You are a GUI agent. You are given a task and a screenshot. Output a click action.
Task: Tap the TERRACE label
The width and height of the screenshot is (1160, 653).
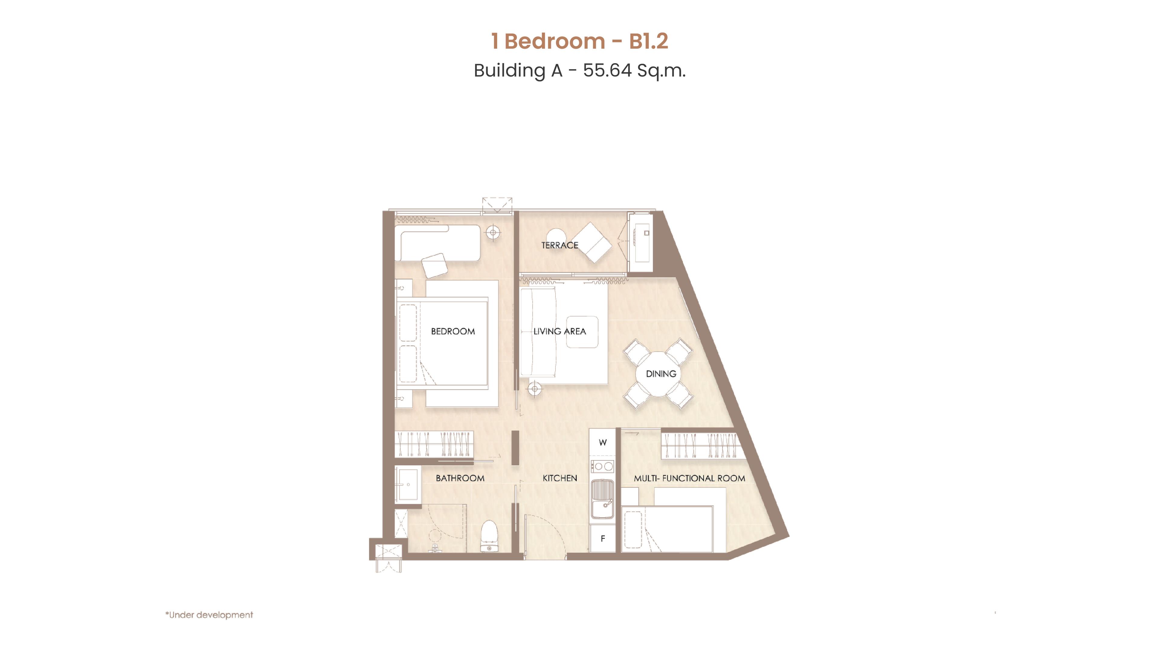point(560,245)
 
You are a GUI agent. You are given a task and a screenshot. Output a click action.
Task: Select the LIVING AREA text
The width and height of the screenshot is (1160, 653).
point(560,331)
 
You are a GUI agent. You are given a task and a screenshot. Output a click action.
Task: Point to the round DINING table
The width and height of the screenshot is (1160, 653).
point(658,374)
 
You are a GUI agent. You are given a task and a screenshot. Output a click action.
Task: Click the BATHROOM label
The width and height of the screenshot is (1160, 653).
point(460,478)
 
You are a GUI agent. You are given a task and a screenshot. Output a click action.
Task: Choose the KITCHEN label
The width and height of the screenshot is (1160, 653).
point(560,478)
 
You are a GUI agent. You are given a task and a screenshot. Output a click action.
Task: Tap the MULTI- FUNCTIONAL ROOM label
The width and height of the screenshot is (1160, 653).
point(689,478)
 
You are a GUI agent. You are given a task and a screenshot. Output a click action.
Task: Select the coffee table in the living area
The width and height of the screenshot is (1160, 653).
point(582,332)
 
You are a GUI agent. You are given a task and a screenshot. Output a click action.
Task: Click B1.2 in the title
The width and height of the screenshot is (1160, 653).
point(649,41)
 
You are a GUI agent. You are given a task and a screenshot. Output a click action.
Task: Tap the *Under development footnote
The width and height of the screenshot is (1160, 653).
point(209,615)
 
